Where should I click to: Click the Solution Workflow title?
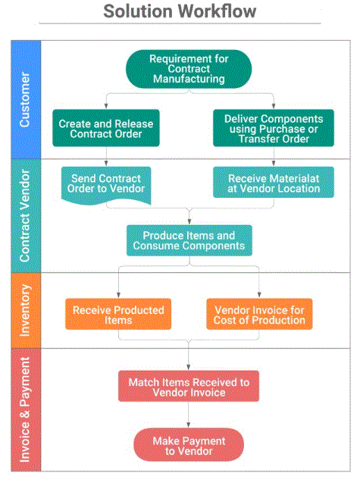[x=180, y=11]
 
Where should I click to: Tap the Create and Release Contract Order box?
[x=106, y=128]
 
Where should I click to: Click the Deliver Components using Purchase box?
[x=274, y=128]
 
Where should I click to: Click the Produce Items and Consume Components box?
[x=189, y=241]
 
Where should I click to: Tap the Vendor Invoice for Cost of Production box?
[x=260, y=315]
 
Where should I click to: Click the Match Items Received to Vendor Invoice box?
[x=189, y=387]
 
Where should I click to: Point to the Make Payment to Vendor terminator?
[x=189, y=445]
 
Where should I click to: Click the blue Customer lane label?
[x=25, y=99]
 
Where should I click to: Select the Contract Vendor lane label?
[x=25, y=215]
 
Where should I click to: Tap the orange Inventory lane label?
[x=25, y=311]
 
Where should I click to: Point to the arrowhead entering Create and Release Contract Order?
[x=106, y=109]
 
